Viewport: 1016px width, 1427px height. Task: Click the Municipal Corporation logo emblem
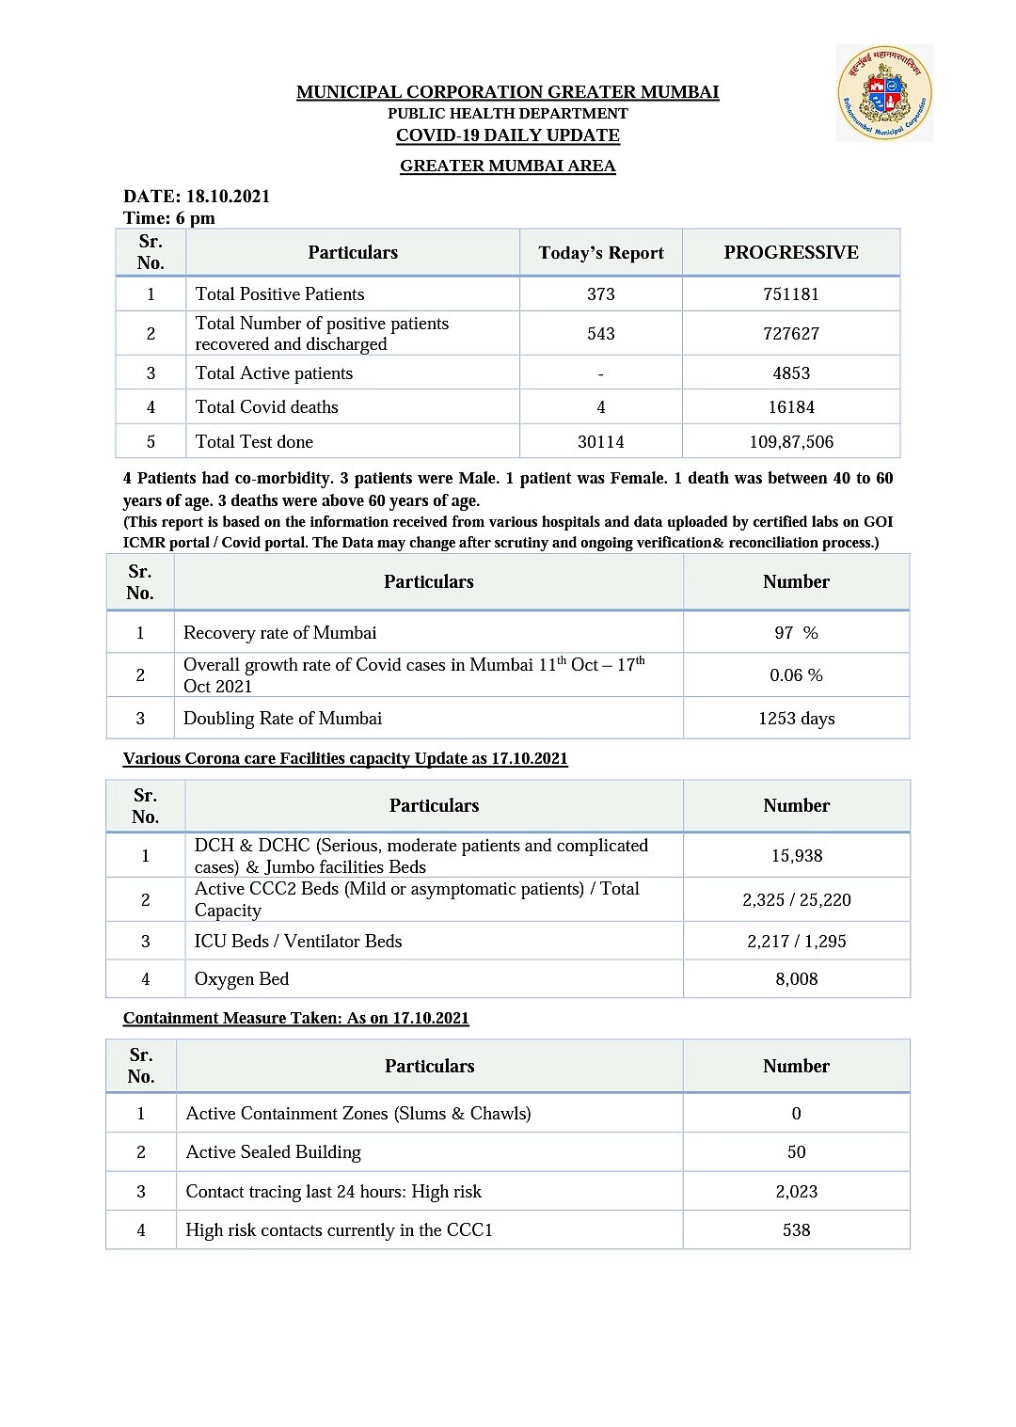884,93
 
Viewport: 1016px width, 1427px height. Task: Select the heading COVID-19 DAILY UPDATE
508,135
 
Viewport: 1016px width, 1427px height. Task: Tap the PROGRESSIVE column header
791,252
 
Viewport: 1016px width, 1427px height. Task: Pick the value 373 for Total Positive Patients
601,294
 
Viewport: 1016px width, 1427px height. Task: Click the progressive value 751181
791,294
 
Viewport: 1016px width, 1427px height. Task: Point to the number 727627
791,334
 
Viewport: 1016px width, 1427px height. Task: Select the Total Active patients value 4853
791,373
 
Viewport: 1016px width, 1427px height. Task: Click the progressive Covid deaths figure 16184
791,407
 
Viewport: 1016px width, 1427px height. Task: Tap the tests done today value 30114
601,442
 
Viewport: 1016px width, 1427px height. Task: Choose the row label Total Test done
254,442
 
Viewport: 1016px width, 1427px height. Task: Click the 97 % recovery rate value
796,633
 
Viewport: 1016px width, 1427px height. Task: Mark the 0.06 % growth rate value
796,675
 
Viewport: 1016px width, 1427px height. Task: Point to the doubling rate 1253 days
796,719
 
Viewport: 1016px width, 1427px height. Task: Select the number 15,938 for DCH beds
797,856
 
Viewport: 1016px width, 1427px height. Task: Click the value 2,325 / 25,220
797,900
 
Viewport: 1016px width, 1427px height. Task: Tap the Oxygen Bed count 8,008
797,979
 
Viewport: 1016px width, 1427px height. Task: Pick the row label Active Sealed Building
273,1152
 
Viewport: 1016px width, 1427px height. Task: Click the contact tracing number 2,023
797,1192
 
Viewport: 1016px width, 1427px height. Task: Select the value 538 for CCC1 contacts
797,1230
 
